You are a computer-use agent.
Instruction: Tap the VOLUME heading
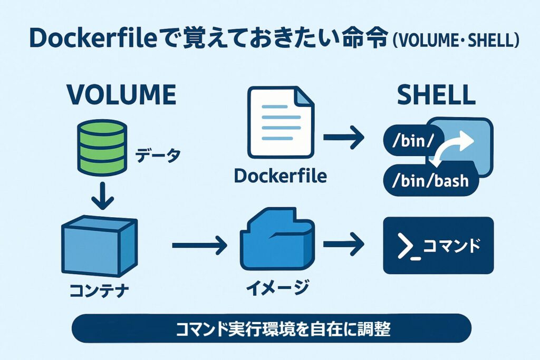[x=121, y=95]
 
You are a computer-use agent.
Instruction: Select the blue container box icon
[x=99, y=247]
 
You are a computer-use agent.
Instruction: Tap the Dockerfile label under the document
[x=280, y=176]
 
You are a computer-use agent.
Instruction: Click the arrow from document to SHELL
[x=344, y=139]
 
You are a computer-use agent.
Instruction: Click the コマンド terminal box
[x=438, y=246]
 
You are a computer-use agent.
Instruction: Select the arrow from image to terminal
[x=344, y=245]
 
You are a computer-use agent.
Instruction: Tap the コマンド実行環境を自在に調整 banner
[x=271, y=329]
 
